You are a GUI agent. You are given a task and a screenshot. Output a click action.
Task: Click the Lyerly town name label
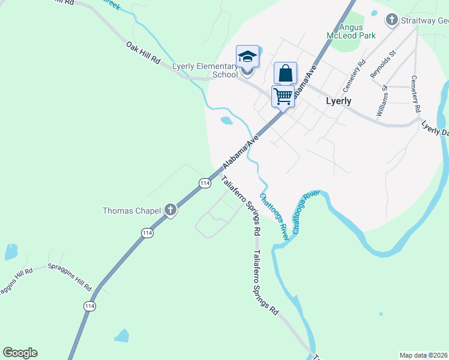(338, 101)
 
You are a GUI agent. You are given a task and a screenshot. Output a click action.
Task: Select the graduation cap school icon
(247, 57)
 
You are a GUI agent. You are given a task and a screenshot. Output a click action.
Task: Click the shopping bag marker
(286, 74)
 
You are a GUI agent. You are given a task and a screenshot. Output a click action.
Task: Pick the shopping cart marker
(283, 95)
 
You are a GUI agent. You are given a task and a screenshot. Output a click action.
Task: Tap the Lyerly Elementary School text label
(205, 70)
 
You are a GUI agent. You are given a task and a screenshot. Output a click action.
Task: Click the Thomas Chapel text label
(131, 211)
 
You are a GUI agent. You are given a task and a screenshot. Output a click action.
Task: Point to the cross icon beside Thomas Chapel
(170, 210)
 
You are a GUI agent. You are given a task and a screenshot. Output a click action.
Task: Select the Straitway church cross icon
(391, 20)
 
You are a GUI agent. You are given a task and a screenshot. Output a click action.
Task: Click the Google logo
(20, 352)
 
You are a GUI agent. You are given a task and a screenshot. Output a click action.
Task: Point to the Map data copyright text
(424, 355)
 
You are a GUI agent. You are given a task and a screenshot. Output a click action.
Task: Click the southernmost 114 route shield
(90, 306)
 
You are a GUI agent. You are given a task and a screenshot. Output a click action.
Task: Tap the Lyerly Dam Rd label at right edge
(435, 129)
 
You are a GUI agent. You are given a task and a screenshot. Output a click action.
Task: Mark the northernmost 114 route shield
(205, 182)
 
